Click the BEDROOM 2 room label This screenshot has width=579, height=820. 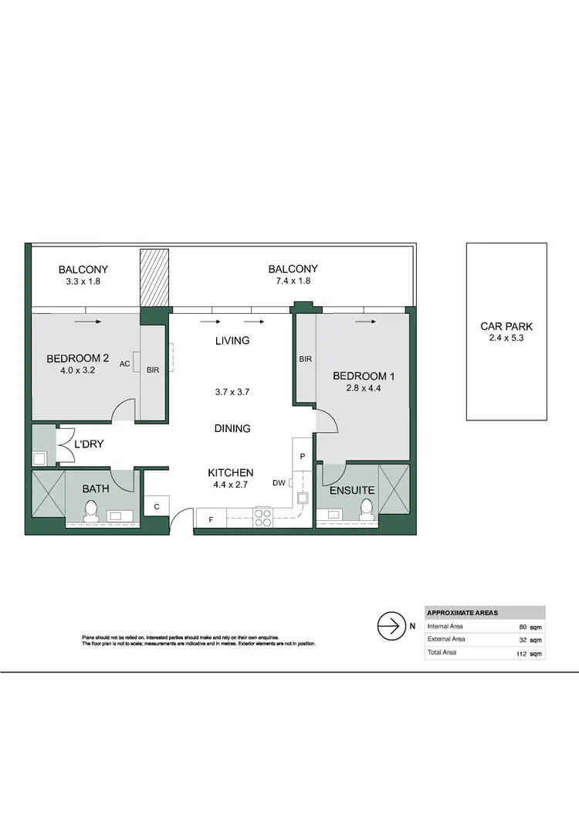tap(77, 359)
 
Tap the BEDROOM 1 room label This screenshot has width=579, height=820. tap(364, 376)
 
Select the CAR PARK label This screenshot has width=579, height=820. tap(506, 327)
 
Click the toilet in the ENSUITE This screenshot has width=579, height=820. tap(367, 508)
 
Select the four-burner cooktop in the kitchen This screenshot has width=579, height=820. tap(263, 515)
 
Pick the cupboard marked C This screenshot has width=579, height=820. tap(156, 507)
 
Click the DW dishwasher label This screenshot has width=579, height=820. tap(279, 483)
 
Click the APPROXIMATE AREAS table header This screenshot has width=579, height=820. tap(462, 612)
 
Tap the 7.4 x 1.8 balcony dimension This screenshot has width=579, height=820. tap(293, 281)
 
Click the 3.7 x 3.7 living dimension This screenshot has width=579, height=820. tap(232, 392)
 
